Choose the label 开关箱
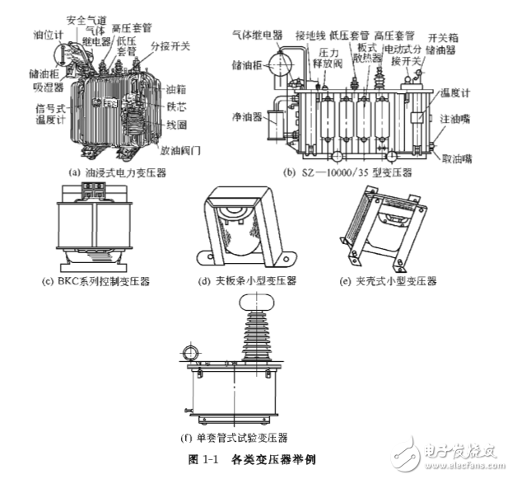tap(443, 38)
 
